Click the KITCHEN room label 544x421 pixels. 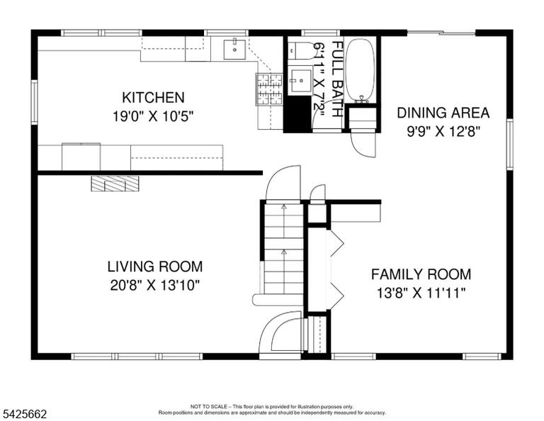coord(153,98)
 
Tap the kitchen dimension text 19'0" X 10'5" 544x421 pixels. coord(153,116)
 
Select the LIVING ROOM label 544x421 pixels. coord(154,266)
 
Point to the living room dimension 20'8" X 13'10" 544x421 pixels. coord(155,286)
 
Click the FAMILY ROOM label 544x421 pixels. coord(421,274)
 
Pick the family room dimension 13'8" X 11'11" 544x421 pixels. coord(421,293)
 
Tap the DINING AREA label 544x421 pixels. coord(443,113)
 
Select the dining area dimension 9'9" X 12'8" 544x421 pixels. coord(443,132)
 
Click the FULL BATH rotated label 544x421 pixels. coord(338,79)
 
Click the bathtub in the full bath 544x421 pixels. coord(361,70)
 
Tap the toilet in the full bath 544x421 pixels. coord(301,50)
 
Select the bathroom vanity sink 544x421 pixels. coord(300,81)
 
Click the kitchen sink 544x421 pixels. coord(234,50)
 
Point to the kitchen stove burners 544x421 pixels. coord(269,89)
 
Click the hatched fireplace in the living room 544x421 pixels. coord(115,184)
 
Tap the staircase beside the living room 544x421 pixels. coord(284,249)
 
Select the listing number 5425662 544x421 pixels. coord(25,414)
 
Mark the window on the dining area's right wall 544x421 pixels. coord(510,144)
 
